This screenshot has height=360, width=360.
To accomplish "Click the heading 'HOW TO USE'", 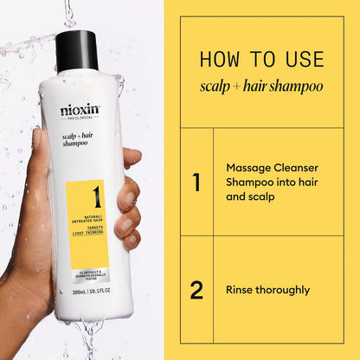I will tap(261, 60).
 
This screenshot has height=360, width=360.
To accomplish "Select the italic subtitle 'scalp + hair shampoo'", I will tap(261, 87).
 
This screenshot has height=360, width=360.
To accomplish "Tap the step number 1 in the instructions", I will tap(196, 182).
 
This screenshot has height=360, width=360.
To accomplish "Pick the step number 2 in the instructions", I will tap(196, 290).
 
